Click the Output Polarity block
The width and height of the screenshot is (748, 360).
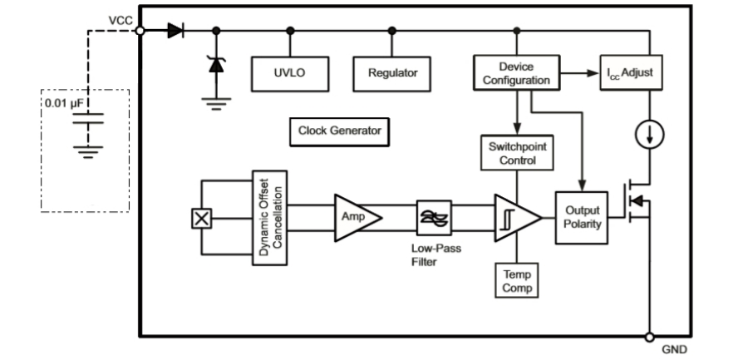pos(582,218)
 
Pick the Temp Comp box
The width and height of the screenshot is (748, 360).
pos(515,279)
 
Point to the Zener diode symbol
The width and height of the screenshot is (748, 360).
pos(217,63)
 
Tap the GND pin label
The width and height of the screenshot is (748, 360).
pos(674,349)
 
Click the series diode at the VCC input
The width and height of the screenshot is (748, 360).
pos(175,31)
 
